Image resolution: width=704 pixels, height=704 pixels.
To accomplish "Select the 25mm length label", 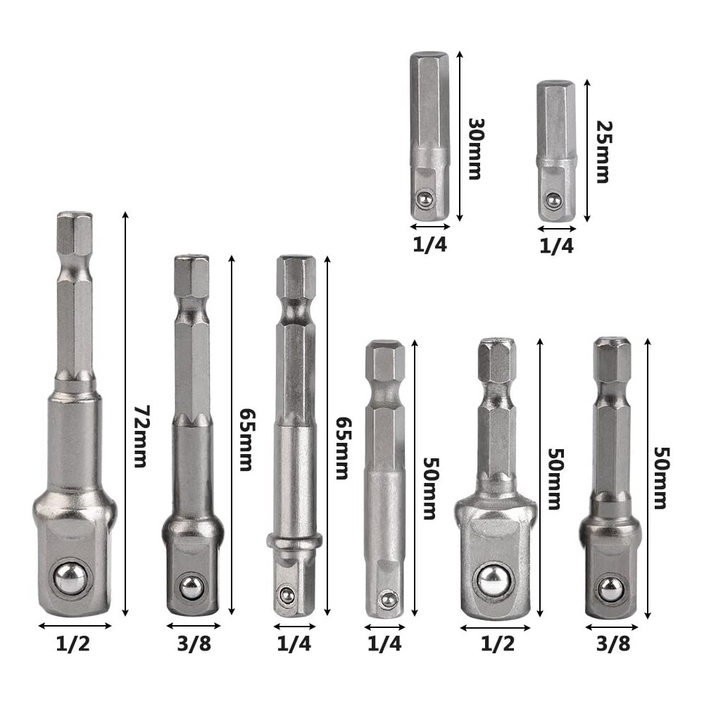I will [x=602, y=151].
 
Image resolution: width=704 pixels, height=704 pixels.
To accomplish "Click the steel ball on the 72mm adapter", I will [x=71, y=577].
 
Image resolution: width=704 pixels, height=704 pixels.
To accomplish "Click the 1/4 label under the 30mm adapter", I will [x=429, y=244].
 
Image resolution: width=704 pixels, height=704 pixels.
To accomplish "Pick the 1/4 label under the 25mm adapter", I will [x=556, y=246].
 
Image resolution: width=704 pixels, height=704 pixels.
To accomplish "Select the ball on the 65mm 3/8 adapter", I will [x=191, y=586].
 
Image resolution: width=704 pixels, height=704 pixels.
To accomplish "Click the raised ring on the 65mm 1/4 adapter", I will [x=294, y=540].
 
